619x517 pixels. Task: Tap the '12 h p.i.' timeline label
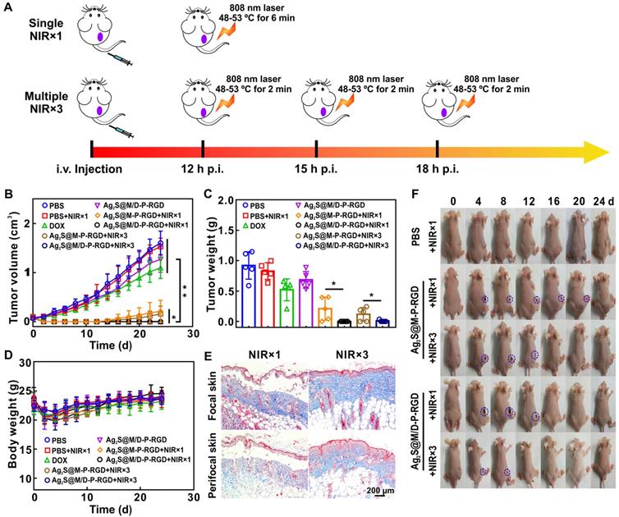tap(202, 170)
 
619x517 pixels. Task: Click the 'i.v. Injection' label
tap(90, 170)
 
